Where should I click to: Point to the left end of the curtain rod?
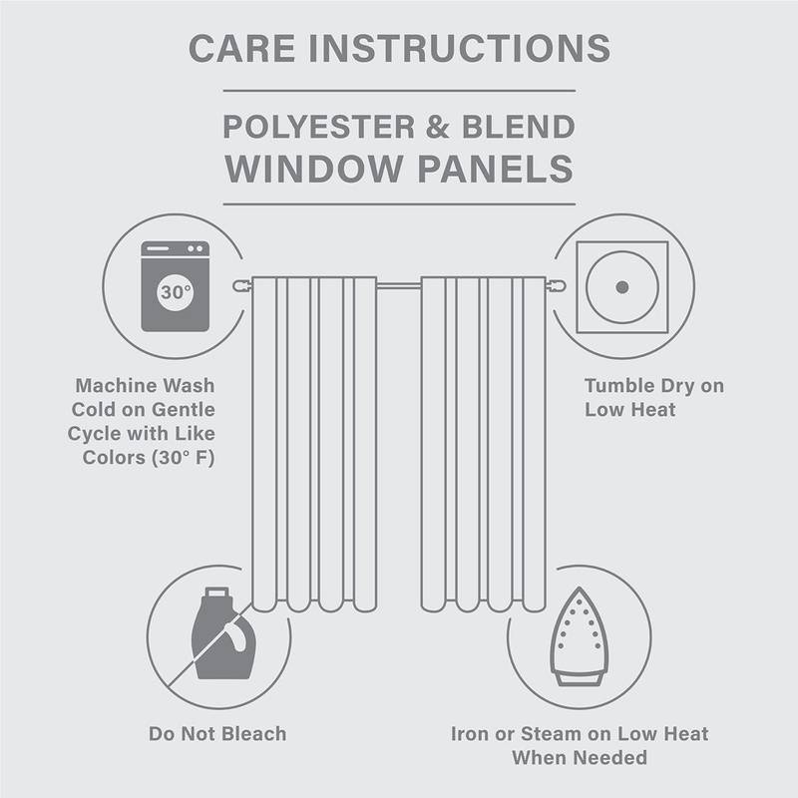[239, 286]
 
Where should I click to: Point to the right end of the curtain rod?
[560, 286]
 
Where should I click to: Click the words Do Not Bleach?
[217, 734]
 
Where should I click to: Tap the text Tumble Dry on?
[653, 385]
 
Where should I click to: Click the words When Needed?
[579, 758]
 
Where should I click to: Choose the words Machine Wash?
[145, 385]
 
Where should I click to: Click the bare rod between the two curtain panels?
[399, 286]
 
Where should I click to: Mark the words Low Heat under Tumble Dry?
[630, 409]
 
